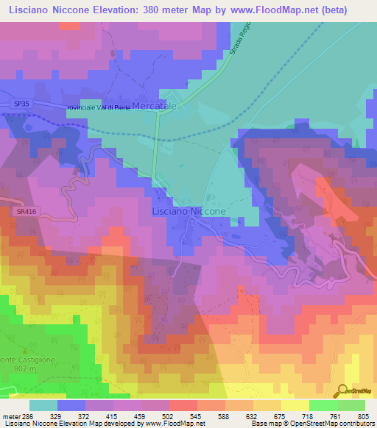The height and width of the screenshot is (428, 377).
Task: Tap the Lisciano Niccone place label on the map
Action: point(188,211)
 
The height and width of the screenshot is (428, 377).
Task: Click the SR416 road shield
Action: point(24,212)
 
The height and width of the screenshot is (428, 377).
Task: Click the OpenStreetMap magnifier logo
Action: point(342,390)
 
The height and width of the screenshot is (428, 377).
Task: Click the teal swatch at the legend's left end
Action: point(43,405)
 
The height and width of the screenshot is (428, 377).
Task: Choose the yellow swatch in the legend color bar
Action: point(295,405)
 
